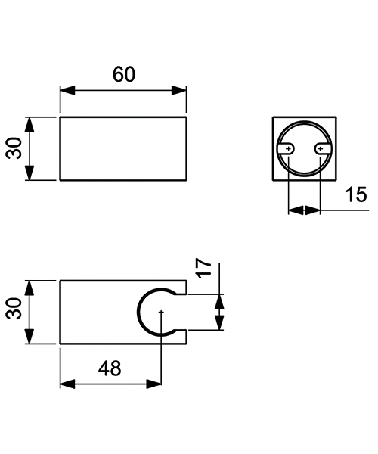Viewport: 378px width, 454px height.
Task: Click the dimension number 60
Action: [x=124, y=74]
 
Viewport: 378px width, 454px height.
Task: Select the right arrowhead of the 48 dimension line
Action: [x=154, y=384]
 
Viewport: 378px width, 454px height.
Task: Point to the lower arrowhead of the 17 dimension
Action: [x=219, y=323]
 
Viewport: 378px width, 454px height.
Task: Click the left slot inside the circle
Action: [x=289, y=149]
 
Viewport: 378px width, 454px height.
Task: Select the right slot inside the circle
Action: [x=321, y=149]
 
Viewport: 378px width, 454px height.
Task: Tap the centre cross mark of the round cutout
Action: [x=162, y=312]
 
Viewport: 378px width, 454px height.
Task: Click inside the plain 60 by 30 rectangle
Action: [x=123, y=148]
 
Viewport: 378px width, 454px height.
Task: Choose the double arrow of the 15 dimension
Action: [x=305, y=210]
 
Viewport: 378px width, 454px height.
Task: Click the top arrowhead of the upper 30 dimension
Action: [x=29, y=123]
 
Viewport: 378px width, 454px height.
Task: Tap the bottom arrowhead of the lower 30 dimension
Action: [x=29, y=337]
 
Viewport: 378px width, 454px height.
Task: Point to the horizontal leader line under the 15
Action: [x=344, y=210]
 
